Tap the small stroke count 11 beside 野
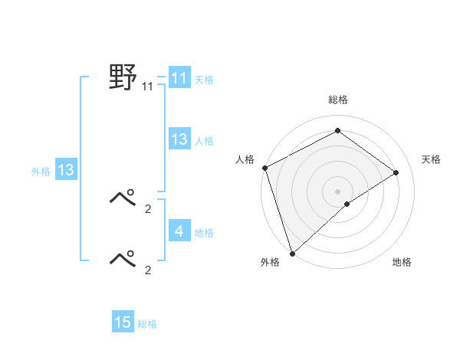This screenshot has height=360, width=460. [x=147, y=87]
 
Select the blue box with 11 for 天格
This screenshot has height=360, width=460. [x=179, y=78]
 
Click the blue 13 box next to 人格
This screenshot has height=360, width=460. [x=179, y=139]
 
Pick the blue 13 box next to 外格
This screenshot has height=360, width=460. [x=65, y=171]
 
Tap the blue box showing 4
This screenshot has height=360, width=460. [x=179, y=231]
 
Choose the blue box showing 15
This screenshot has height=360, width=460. [x=123, y=322]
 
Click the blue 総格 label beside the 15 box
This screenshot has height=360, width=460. [x=147, y=324]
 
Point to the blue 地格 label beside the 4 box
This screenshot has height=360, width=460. [x=204, y=232]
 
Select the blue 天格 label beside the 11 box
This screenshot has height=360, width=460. [x=204, y=80]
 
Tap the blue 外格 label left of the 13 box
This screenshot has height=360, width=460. [x=41, y=172]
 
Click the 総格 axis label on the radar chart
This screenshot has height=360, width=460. [x=337, y=100]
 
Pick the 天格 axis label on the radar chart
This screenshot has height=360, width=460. [x=431, y=159]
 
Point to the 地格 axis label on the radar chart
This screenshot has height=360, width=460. [x=402, y=263]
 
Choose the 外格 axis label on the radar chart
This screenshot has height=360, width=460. [x=270, y=263]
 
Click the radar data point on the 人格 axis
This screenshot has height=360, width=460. [x=264, y=168]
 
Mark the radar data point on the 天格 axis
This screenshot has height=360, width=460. [x=396, y=172]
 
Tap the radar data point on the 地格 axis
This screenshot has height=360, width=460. [x=347, y=204]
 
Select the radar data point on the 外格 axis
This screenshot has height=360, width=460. [x=292, y=252]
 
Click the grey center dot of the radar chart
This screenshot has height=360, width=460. [x=337, y=191]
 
